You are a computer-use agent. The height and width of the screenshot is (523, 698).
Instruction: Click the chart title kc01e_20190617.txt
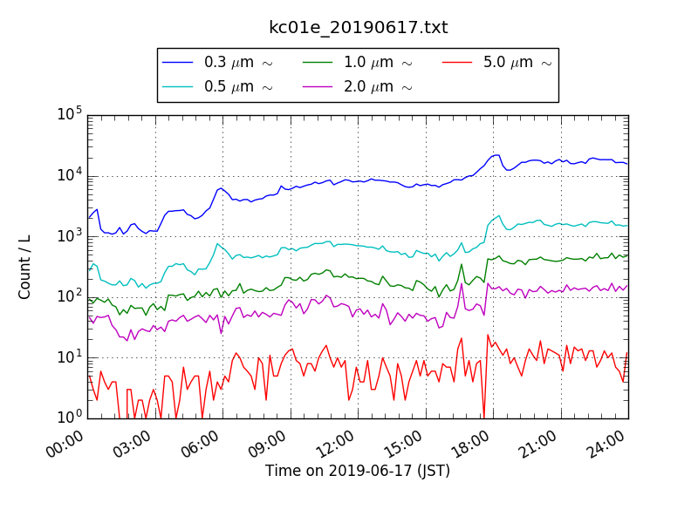pos(358,28)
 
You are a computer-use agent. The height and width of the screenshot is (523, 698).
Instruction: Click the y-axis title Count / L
pos(25,267)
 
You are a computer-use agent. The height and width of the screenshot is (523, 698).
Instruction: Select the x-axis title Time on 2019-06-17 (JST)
pos(358,471)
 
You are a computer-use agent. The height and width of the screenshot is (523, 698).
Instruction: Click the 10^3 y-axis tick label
pos(69,236)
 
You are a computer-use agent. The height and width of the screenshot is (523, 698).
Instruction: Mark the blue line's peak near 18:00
pos(496,155)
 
